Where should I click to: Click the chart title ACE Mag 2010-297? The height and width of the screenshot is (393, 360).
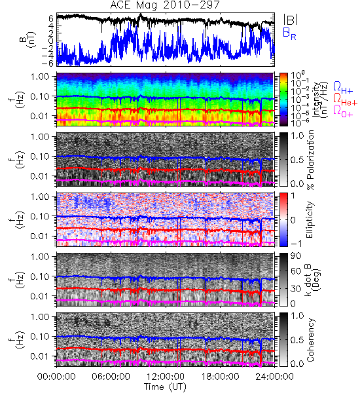(164, 5)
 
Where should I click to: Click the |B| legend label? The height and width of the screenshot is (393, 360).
(291, 20)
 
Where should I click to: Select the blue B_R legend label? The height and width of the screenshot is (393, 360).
(289, 33)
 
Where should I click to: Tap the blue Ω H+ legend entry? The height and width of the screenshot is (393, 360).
(343, 88)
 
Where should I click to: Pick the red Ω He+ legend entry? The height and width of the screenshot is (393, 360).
(345, 100)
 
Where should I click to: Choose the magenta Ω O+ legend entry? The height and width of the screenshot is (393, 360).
(343, 111)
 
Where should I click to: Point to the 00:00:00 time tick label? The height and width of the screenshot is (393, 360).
(56, 377)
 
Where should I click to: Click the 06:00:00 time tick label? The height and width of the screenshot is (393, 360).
(111, 377)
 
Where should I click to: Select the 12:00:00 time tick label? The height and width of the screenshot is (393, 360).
(166, 377)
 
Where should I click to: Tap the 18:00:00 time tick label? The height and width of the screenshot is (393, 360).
(220, 377)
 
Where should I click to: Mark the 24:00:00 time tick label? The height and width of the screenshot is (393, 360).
(274, 377)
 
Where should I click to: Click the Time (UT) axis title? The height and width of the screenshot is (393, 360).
(165, 386)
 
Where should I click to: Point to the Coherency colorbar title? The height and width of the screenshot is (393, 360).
(310, 340)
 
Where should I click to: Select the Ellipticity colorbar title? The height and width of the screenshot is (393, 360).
(310, 219)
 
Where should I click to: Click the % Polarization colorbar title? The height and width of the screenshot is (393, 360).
(310, 160)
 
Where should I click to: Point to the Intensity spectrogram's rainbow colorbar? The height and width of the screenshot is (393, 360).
(283, 100)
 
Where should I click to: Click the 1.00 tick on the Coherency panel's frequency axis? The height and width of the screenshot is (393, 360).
(41, 317)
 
